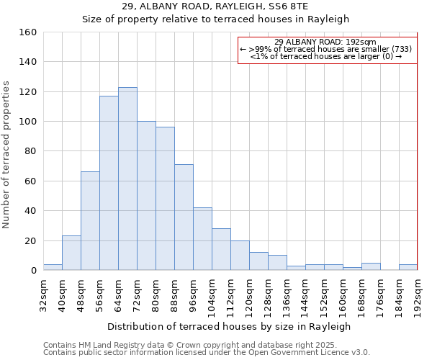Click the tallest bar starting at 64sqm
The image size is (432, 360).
[x=127, y=179]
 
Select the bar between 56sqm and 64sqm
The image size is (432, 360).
[x=109, y=183]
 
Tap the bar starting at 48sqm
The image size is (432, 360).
[x=90, y=221]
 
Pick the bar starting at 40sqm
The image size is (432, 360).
[x=71, y=253]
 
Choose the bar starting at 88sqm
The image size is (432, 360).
[x=184, y=217]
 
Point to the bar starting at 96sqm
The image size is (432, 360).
[x=202, y=239]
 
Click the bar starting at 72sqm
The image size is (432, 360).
[x=146, y=196]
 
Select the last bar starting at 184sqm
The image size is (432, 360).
[x=408, y=267]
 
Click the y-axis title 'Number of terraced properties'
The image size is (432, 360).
[x=7, y=154]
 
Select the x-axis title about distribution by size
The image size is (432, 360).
[x=228, y=327]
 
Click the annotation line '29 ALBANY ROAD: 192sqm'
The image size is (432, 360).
[x=325, y=42]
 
